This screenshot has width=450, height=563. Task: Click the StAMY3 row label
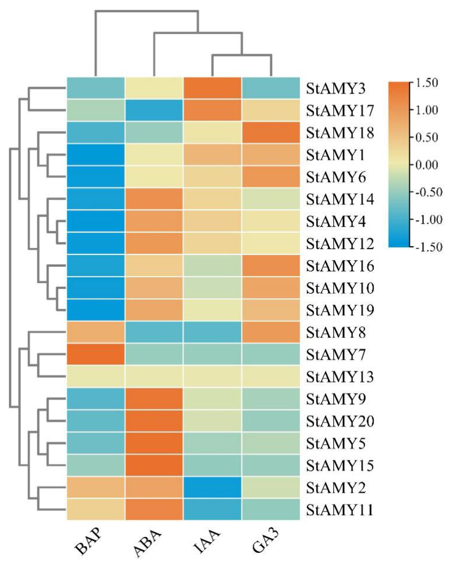(336, 89)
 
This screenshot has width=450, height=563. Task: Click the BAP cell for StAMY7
(96, 354)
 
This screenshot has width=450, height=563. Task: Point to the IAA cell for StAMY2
(212, 487)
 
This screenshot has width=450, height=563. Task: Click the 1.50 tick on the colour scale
(427, 83)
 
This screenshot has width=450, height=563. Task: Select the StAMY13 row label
(340, 377)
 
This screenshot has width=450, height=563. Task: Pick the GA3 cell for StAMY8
(271, 332)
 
